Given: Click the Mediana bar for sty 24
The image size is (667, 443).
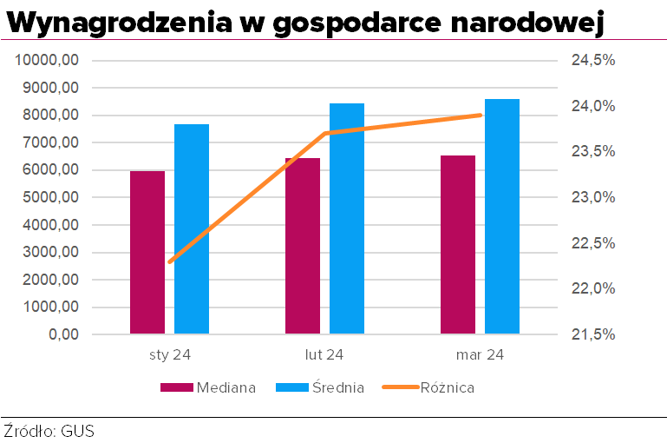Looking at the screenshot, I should pyautogui.click(x=147, y=252).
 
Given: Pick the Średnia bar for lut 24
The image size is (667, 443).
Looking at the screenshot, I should pyautogui.click(x=347, y=218).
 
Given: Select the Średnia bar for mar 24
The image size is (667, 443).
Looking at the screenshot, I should pyautogui.click(x=502, y=216).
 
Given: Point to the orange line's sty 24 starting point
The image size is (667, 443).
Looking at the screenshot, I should pyautogui.click(x=170, y=261).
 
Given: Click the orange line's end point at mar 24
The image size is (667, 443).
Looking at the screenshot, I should pyautogui.click(x=481, y=115).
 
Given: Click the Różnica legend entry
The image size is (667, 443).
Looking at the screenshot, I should pyautogui.click(x=447, y=387).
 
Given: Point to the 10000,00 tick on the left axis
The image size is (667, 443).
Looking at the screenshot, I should pyautogui.click(x=49, y=60).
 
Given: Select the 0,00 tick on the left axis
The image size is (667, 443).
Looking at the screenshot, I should pyautogui.click(x=62, y=334).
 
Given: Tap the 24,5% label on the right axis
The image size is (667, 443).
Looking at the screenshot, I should pyautogui.click(x=592, y=60).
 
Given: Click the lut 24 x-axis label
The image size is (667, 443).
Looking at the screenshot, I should pyautogui.click(x=324, y=354).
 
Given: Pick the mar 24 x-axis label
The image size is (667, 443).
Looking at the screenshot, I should pyautogui.click(x=480, y=354).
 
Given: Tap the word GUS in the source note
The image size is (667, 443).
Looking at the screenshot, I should pyautogui.click(x=77, y=431).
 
